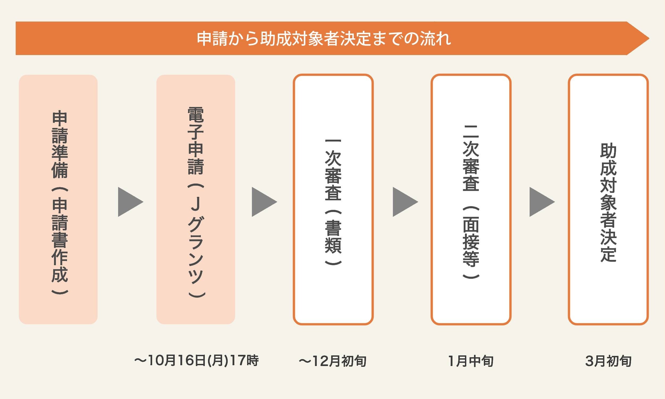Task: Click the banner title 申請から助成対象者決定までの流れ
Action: coord(324,39)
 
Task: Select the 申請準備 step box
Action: coord(58,199)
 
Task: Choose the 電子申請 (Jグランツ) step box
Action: coord(196,199)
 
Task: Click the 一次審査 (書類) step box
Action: coord(333,199)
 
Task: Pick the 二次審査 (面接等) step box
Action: coord(471,199)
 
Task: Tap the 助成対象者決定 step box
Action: coord(608,199)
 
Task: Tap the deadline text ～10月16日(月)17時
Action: coord(197,360)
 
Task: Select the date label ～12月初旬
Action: coord(332,361)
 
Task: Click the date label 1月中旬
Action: coord(471,361)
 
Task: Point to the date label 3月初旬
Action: coord(608,361)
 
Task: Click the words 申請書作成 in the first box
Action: coord(59,241)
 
